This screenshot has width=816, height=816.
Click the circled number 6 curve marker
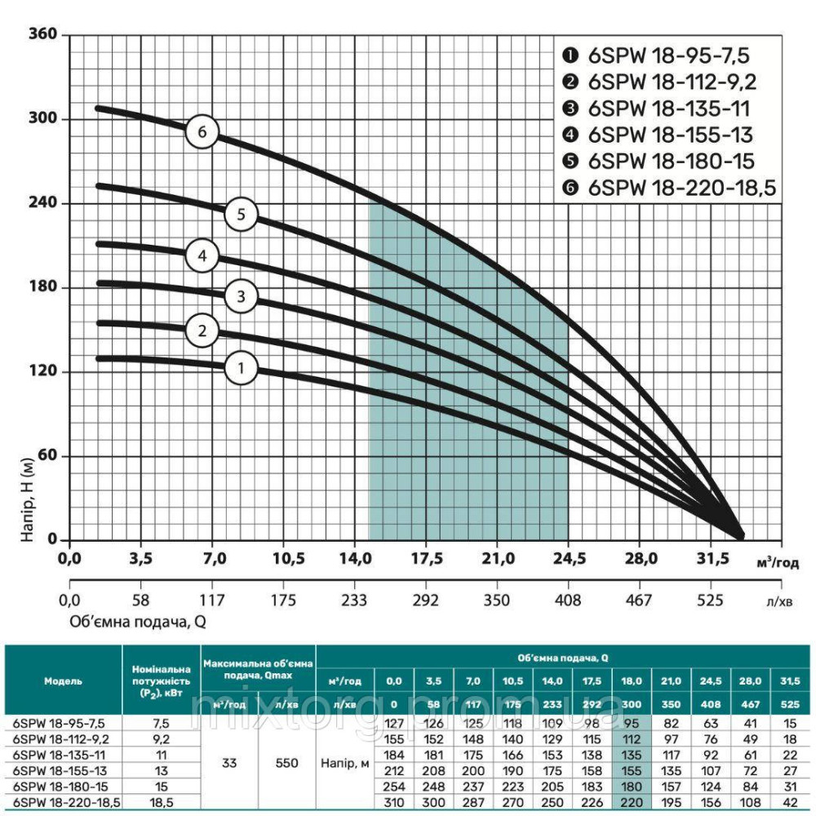pos(202,132)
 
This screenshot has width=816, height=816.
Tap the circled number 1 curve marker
pos(241,368)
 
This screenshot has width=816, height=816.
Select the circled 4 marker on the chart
pos(202,256)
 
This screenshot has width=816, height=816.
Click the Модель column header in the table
pos(63,680)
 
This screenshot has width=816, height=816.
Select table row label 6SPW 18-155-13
pos(55,769)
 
